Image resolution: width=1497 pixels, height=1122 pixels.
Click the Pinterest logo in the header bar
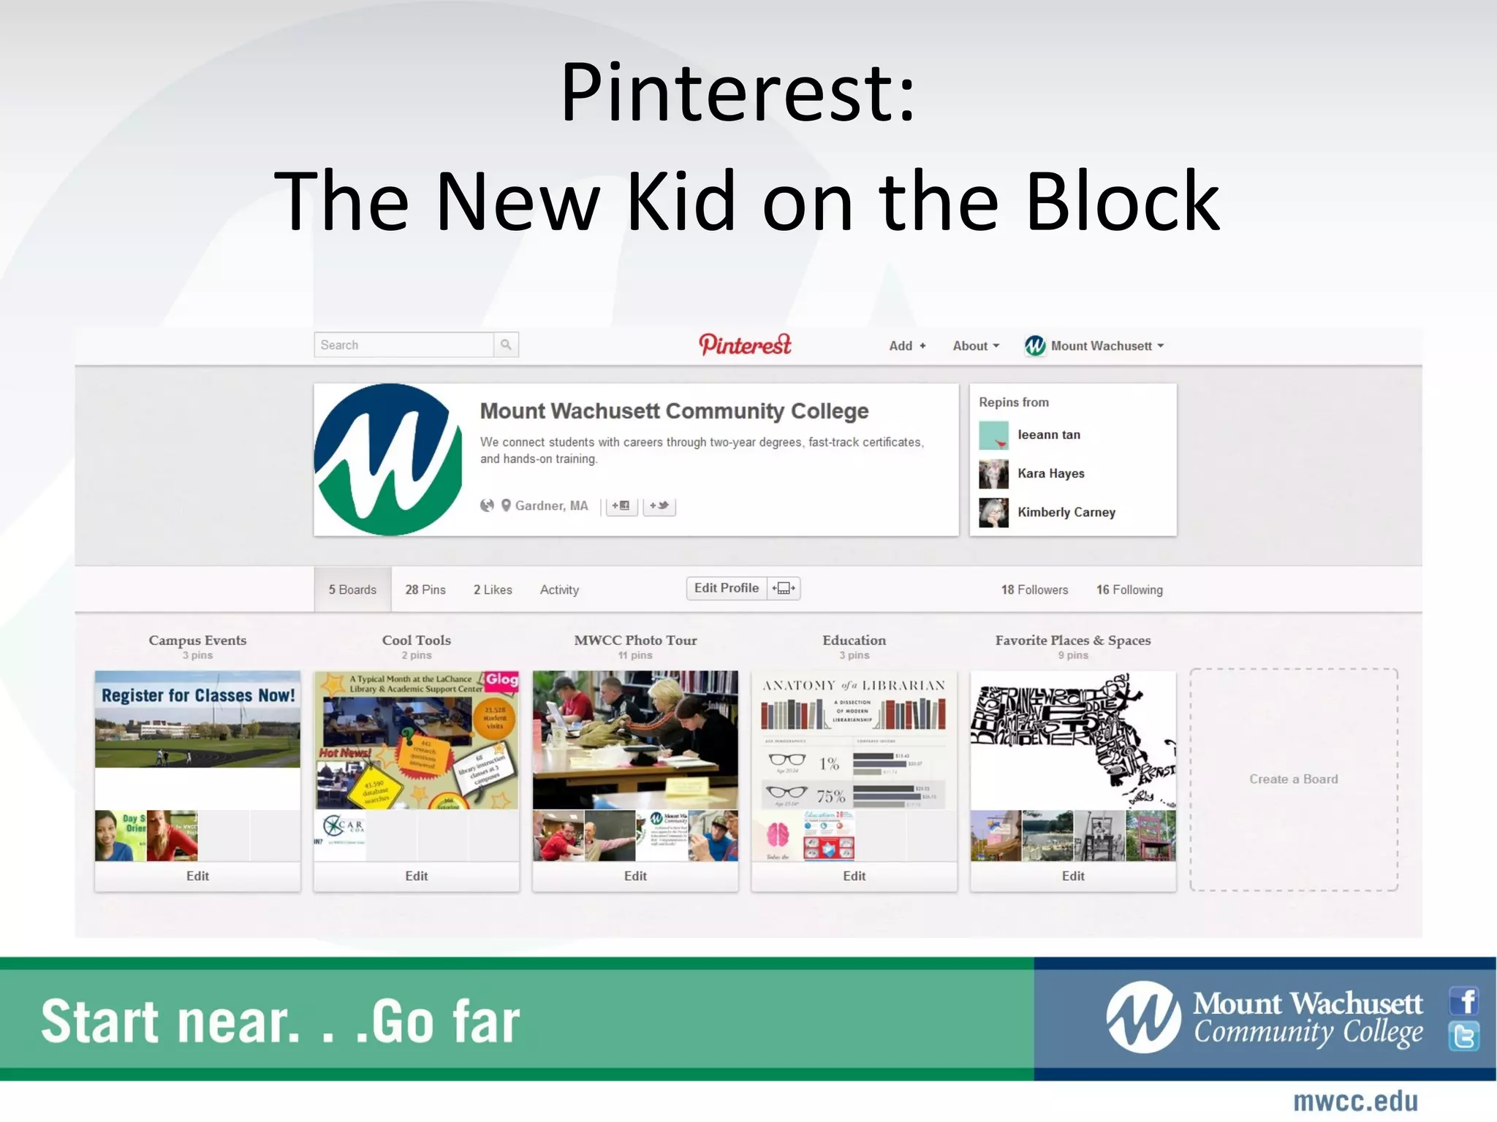[745, 345]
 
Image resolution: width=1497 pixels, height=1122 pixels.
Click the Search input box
[404, 345]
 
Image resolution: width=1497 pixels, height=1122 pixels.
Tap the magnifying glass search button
[506, 345]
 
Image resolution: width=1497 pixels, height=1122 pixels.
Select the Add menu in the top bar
[906, 346]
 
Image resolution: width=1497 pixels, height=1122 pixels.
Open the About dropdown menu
[975, 346]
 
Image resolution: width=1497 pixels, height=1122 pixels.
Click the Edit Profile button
[727, 588]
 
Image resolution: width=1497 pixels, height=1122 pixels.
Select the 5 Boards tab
[352, 589]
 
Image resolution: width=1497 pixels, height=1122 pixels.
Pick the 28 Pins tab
[425, 589]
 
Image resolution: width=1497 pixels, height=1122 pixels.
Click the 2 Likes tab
[493, 589]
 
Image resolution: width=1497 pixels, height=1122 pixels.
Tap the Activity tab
[559, 589]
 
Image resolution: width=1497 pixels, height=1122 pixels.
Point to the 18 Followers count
[1034, 589]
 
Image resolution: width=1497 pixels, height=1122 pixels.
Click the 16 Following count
[1129, 589]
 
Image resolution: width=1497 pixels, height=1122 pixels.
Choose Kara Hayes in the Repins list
[1050, 473]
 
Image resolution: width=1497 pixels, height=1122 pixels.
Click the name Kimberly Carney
[1066, 512]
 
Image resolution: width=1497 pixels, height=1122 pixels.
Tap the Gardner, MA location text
[551, 505]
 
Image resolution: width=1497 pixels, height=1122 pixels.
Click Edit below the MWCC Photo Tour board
[635, 876]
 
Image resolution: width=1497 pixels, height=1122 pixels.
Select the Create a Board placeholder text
[1293, 779]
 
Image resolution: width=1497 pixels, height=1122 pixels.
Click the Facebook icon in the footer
[1464, 1001]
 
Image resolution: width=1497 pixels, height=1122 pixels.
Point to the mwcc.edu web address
[1355, 1102]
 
